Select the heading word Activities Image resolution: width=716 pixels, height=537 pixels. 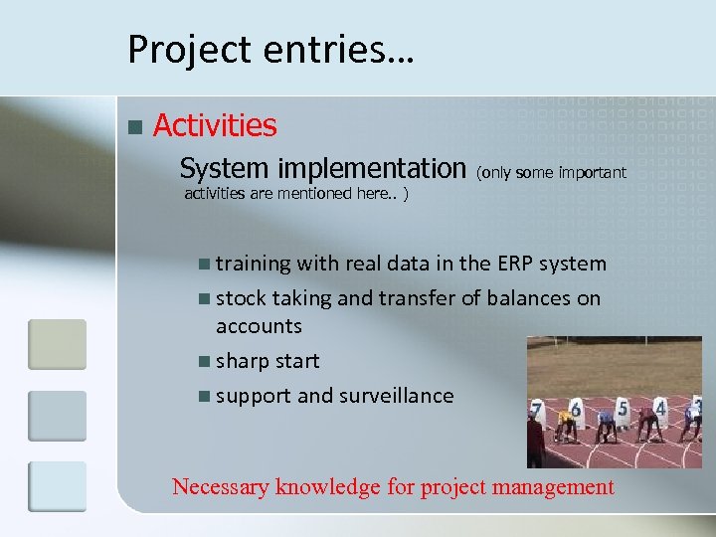[x=215, y=125]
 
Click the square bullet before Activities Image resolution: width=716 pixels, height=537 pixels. [x=135, y=127]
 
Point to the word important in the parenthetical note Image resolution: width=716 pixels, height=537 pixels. [x=593, y=172]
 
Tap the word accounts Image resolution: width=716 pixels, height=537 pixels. [x=259, y=325]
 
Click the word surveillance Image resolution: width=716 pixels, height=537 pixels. [x=396, y=395]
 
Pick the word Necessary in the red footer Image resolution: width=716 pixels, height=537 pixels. [x=221, y=486]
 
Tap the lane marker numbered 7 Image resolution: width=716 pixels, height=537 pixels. [x=537, y=410]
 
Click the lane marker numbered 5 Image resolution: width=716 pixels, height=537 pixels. [x=623, y=407]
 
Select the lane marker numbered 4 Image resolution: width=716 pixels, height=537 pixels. [x=660, y=407]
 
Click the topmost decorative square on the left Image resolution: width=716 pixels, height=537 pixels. [x=57, y=344]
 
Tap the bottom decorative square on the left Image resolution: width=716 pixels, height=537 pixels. [x=57, y=484]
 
